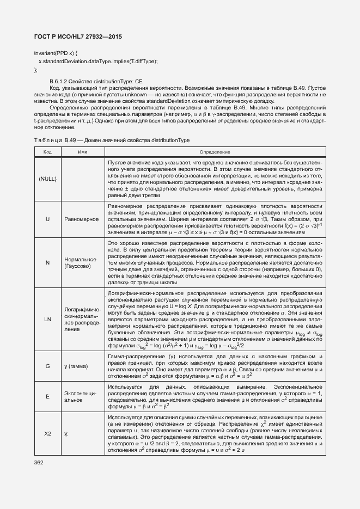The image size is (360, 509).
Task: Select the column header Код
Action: click(47, 151)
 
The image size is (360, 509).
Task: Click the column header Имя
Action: click(83, 151)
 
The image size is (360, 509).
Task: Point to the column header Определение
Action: click(215, 151)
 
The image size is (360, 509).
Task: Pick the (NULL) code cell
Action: click(47, 179)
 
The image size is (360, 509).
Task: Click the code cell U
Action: click(47, 218)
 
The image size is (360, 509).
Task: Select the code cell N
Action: click(47, 262)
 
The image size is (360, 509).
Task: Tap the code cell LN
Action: click(47, 318)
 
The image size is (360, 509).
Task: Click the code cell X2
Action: click(47, 434)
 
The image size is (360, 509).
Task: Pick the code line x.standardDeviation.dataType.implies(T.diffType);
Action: click(98, 61)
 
